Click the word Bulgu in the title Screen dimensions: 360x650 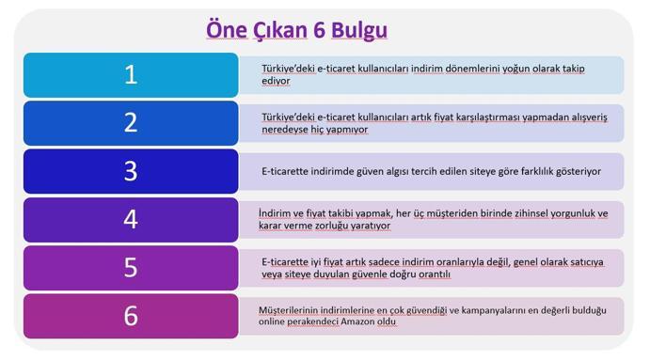[358, 29]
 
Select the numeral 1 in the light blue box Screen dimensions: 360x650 [131, 74]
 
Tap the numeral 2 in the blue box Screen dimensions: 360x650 [131, 122]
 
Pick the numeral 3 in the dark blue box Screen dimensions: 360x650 [131, 170]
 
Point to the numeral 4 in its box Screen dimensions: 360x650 [131, 219]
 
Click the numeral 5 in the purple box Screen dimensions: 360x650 [131, 268]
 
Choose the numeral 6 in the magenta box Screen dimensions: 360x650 [131, 316]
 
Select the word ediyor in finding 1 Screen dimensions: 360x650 [276, 81]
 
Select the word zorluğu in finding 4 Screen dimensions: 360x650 [341, 226]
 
